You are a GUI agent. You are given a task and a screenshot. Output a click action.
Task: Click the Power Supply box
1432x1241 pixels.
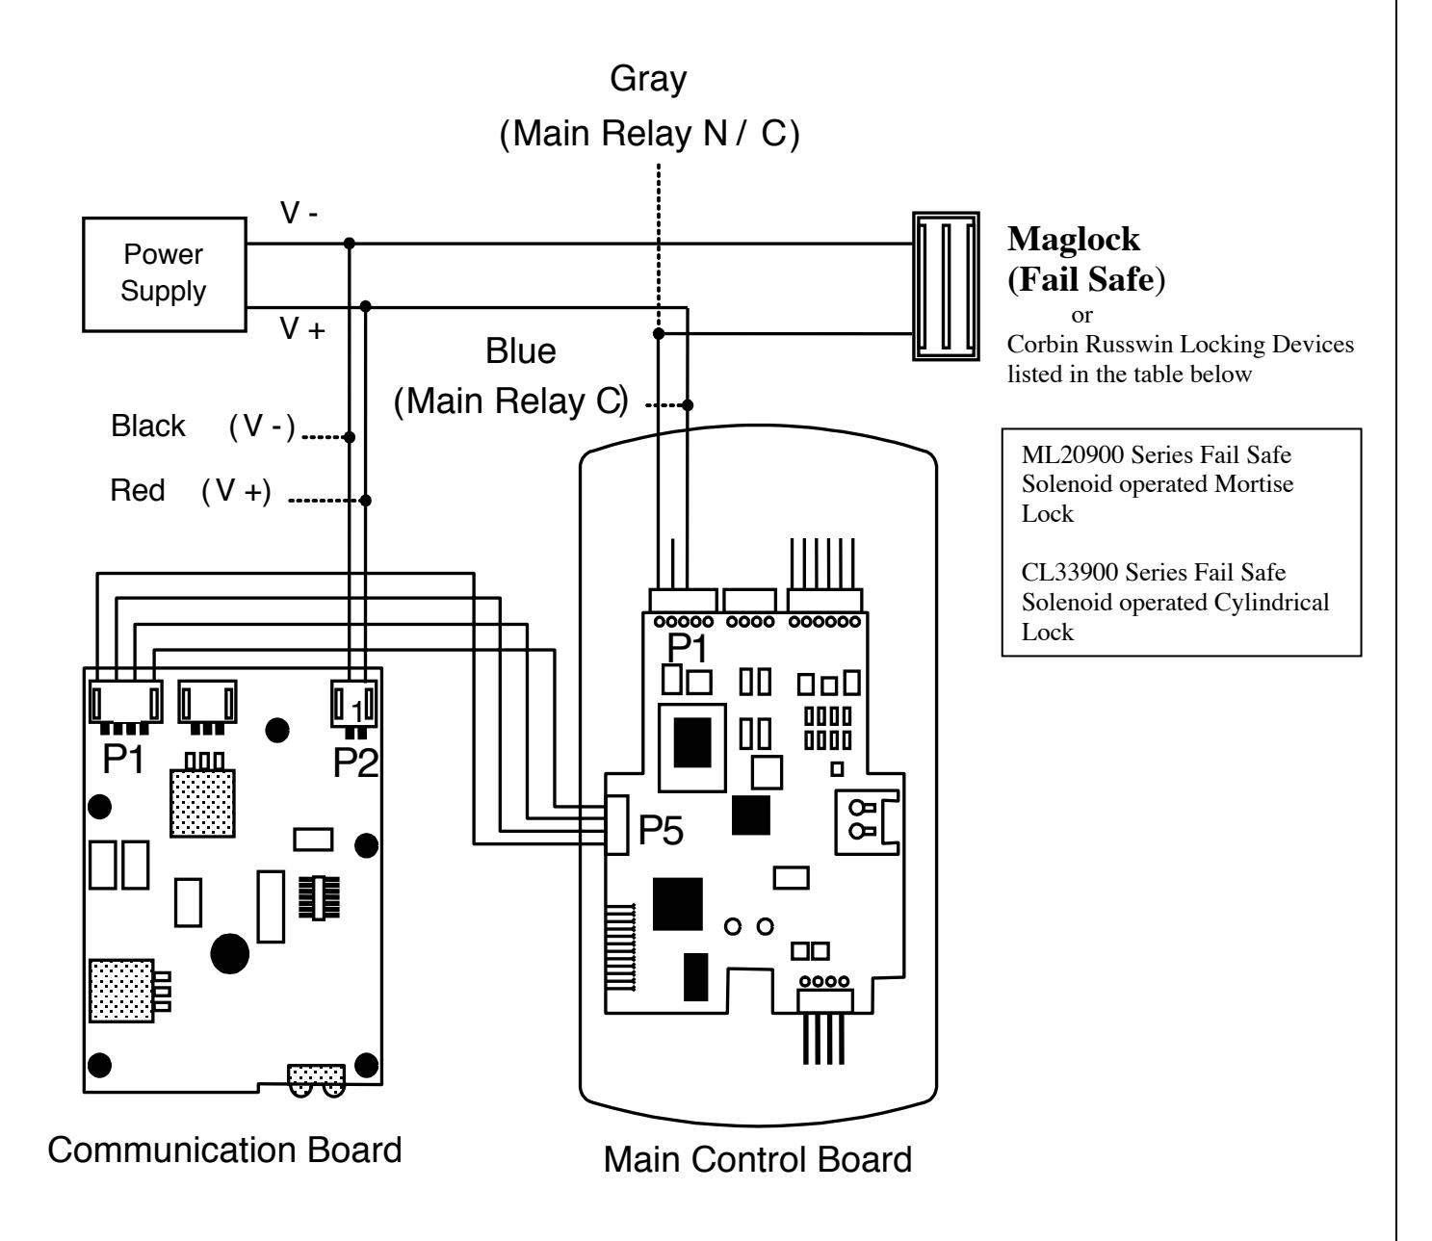164,275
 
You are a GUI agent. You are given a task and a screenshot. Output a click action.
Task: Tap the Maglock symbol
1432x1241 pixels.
946,286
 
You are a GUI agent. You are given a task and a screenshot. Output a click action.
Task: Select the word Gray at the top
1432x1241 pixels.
648,80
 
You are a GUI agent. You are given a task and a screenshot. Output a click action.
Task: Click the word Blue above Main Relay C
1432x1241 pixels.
520,350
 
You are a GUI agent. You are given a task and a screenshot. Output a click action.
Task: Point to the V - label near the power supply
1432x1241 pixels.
299,213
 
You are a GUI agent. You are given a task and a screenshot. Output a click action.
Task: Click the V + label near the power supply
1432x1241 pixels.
302,328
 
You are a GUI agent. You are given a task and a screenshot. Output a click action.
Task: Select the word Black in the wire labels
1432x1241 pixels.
148,426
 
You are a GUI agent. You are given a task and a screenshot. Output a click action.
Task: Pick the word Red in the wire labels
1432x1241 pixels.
138,490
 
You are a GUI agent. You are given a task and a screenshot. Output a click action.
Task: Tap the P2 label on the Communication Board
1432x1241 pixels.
356,763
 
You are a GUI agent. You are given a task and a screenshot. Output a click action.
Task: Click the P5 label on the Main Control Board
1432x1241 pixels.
661,830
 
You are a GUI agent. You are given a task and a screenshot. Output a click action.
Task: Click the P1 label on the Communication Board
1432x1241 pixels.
123,759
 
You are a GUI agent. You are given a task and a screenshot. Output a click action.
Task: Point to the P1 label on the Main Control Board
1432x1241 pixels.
687,648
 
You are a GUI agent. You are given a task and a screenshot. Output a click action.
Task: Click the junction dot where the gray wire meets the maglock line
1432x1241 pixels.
659,334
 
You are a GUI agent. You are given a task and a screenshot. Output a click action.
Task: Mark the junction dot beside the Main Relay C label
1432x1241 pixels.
688,405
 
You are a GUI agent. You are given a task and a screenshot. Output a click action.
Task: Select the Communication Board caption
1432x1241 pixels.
224,1150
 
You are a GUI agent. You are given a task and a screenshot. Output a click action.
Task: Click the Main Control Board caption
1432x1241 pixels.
757,1159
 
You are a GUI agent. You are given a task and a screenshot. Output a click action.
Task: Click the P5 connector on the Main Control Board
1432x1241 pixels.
617,825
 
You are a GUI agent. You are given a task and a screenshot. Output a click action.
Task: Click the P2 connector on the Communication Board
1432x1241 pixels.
354,704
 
